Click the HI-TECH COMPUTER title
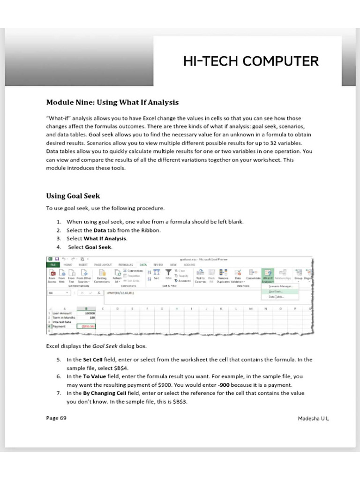point(251,61)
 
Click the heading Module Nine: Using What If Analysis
point(112,102)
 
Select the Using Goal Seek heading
point(73,195)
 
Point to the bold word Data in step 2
point(99,230)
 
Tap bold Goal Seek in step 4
point(98,247)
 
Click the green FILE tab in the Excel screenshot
point(52,264)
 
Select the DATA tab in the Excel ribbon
point(143,264)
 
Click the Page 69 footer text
point(56,418)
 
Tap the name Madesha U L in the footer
point(314,418)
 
